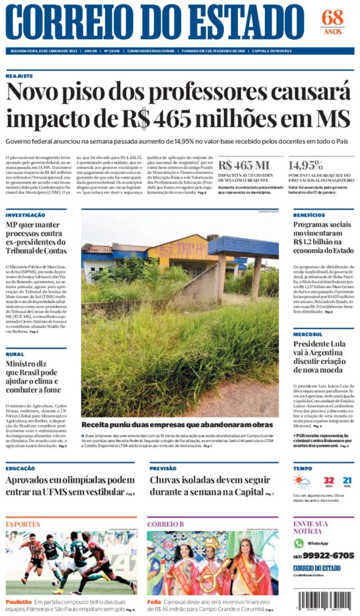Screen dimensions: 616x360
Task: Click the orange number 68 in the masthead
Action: pos(332,18)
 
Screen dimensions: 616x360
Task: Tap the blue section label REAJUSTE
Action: pos(19,76)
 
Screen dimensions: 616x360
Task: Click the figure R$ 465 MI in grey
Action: pos(244,165)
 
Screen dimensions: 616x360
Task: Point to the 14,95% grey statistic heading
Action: pos(306,165)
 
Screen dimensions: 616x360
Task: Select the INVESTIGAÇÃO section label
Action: pos(25,215)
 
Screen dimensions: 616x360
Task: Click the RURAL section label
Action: pos(15,354)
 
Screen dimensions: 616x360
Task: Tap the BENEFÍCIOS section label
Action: pos(309,215)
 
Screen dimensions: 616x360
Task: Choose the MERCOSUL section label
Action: pos(308,334)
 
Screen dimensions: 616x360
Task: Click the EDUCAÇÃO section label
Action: pos(20,468)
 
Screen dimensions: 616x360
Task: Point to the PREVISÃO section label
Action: pos(163,468)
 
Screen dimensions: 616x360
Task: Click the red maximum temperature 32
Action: pos(329,480)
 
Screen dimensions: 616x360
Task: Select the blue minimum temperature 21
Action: pos(347,480)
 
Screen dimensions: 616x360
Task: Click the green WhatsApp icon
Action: pos(299,543)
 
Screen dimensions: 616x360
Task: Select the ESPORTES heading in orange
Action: pos(23,524)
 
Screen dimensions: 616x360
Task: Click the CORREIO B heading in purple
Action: pos(165,524)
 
